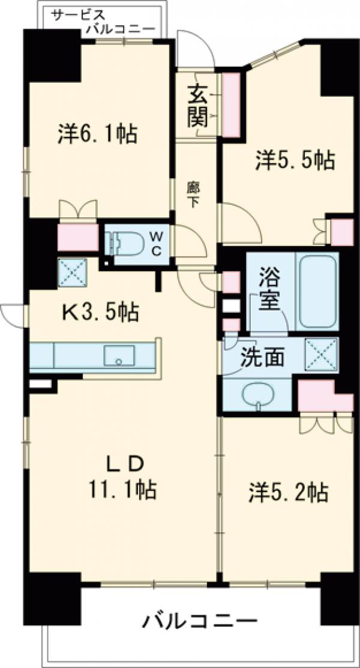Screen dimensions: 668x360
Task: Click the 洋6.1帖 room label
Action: click(x=98, y=133)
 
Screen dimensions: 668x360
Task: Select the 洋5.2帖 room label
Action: click(x=288, y=493)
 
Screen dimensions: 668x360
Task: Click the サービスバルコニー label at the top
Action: click(x=102, y=21)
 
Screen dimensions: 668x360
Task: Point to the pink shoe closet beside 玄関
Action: click(x=231, y=103)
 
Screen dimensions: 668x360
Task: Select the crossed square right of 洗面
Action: click(x=321, y=354)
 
